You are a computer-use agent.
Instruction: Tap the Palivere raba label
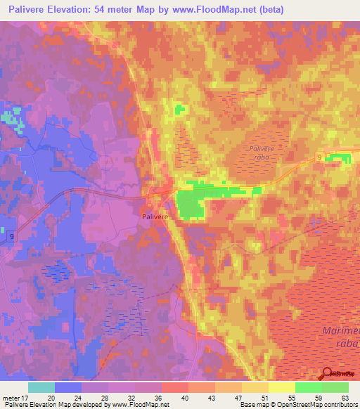point(264,152)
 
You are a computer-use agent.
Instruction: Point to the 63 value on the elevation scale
point(345,397)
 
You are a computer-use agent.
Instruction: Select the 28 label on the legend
point(106,397)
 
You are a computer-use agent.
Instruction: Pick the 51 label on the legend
point(264,397)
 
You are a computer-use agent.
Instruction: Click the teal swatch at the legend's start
point(41,387)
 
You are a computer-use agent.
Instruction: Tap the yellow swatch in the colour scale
point(282,387)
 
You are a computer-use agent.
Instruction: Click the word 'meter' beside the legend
point(11,397)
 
